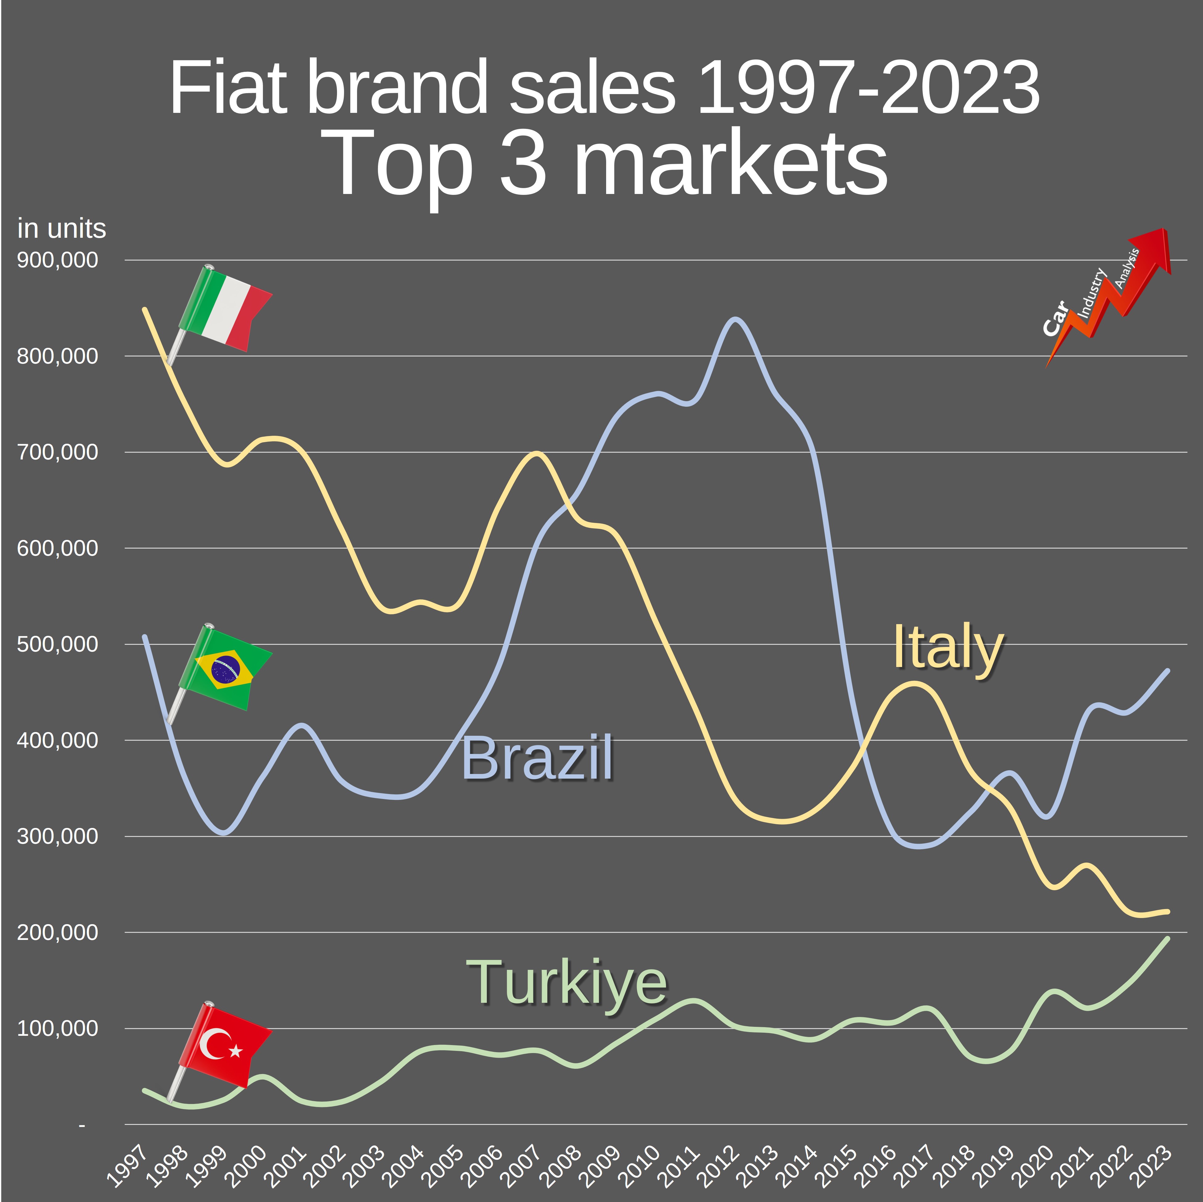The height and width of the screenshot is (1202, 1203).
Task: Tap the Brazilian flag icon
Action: [225, 668]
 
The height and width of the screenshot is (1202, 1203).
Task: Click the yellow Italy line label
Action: [948, 648]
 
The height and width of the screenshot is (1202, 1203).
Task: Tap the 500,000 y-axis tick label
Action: [57, 644]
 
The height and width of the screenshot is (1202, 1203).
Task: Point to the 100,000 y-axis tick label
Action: [57, 1028]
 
